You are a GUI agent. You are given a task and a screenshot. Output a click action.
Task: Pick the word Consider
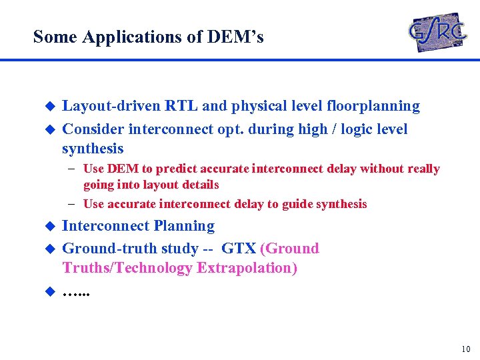coord(93,129)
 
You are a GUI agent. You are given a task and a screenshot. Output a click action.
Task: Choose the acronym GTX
coord(239,249)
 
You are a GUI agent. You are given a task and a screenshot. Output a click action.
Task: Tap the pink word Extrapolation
coord(255,268)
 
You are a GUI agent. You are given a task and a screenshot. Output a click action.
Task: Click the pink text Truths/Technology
coord(135,268)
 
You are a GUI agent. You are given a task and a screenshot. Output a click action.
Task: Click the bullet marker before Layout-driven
coord(48,107)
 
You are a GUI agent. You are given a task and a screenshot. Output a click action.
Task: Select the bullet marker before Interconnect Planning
coord(48,227)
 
